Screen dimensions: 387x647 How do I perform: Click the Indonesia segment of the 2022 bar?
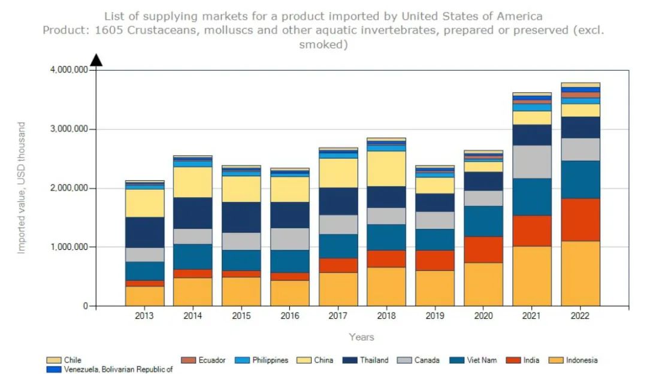click(x=580, y=273)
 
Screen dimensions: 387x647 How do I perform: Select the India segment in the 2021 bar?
click(x=531, y=231)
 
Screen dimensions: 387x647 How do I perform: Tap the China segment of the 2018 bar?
click(x=386, y=168)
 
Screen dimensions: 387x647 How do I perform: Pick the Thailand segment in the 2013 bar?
click(x=144, y=232)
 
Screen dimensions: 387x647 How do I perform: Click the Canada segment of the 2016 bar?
click(x=289, y=238)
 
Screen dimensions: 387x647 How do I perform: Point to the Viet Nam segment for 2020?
click(x=483, y=221)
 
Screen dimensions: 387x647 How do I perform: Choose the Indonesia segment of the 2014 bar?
click(x=192, y=292)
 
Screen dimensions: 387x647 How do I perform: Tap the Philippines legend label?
click(x=270, y=361)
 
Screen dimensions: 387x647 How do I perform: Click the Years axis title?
click(x=362, y=337)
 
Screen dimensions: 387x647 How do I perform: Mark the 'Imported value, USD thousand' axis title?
click(x=22, y=188)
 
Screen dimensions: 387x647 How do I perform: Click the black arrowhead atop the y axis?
click(x=96, y=59)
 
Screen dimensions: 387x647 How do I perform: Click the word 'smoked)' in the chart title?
click(x=323, y=44)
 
